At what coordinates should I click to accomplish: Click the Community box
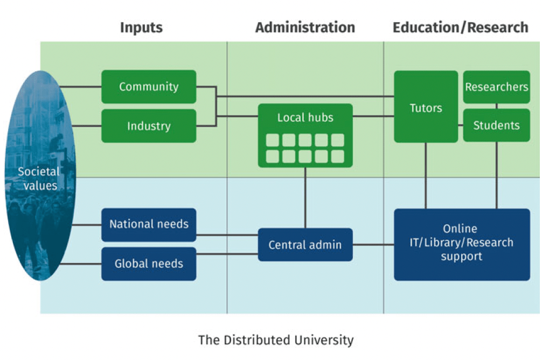[149, 87]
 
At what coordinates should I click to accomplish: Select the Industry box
[149, 126]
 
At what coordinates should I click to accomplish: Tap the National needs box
[149, 224]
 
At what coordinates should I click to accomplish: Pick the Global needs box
[149, 264]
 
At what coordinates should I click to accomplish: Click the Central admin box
[305, 245]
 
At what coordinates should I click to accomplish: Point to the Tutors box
[426, 107]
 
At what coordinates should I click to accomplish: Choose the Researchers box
[496, 87]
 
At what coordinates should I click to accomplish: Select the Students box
[496, 126]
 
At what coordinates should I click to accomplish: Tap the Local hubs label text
[305, 117]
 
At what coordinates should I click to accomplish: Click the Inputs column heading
[141, 27]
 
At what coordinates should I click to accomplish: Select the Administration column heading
[305, 27]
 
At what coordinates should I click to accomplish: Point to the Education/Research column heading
[461, 27]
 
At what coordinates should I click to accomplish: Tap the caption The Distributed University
[276, 340]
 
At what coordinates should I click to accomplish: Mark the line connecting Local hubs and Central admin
[305, 197]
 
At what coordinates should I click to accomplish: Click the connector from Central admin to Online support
[373, 245]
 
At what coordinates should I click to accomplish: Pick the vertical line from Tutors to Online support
[426, 176]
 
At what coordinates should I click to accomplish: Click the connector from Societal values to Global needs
[81, 264]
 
